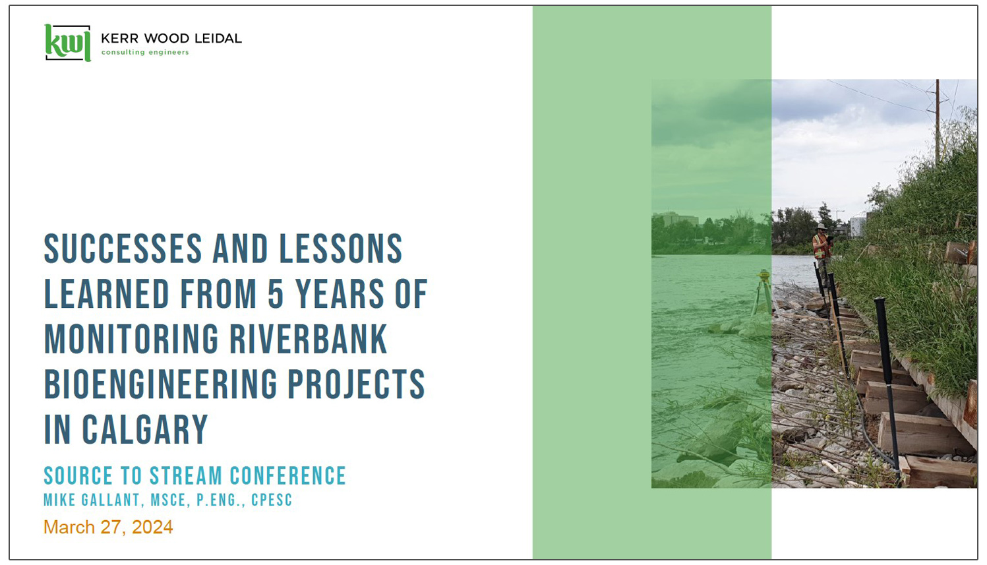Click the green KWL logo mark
click(67, 43)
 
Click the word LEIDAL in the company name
click(216, 38)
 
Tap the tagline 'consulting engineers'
click(144, 53)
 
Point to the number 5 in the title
click(276, 294)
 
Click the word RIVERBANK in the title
click(308, 340)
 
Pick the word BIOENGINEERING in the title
click(159, 384)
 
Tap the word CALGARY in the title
click(145, 430)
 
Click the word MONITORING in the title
click(131, 340)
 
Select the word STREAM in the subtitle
click(186, 476)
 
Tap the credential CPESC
click(272, 500)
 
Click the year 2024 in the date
click(152, 527)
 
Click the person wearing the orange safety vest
click(822, 245)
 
